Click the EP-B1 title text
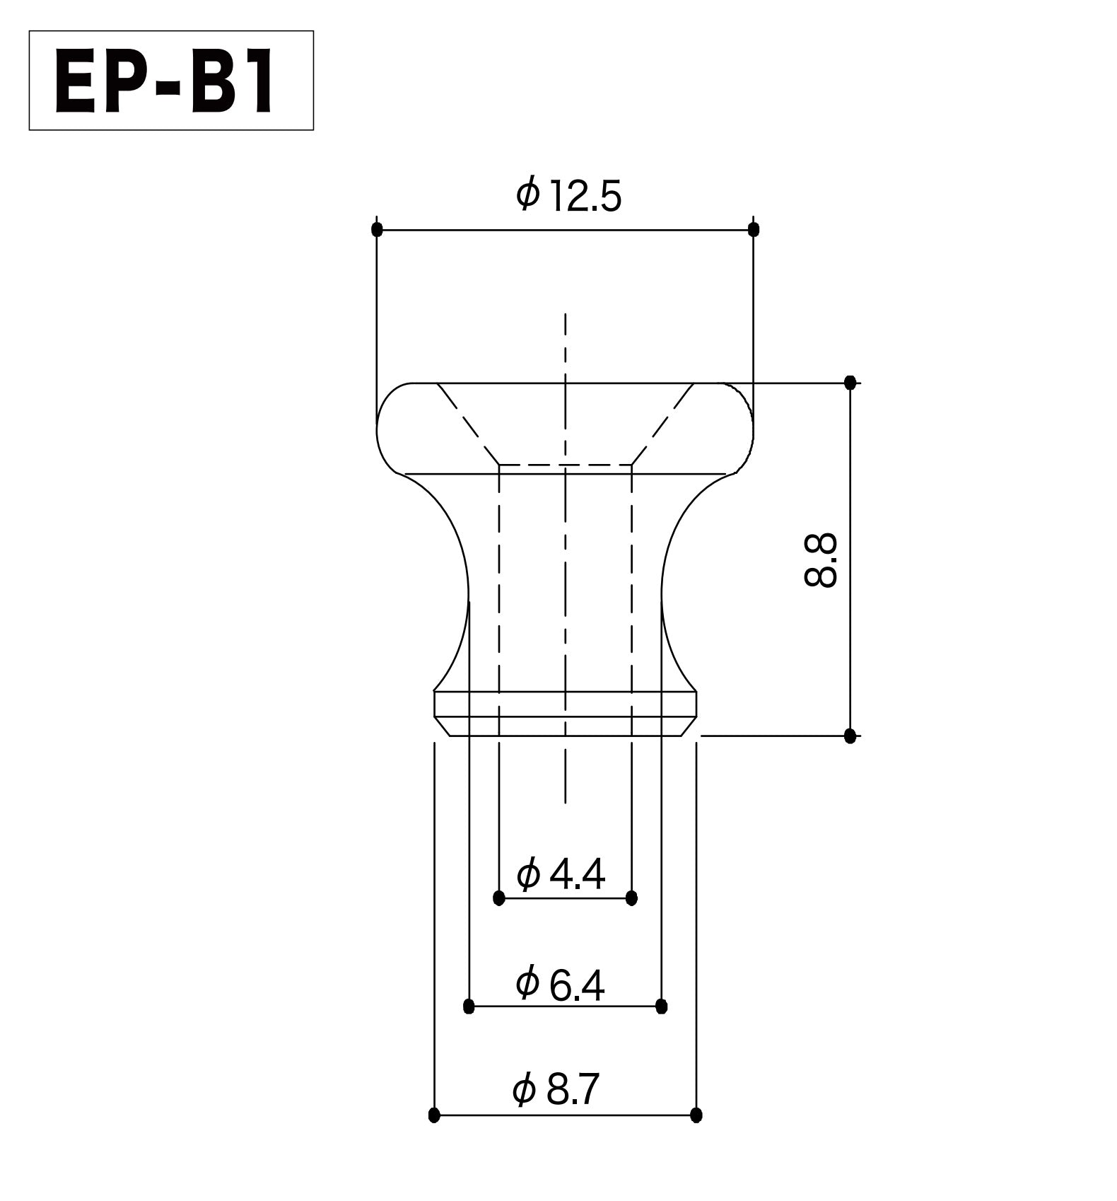pos(165,85)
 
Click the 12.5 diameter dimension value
pos(583,197)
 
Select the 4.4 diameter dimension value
pos(576,875)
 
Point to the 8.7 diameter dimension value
pos(573,1089)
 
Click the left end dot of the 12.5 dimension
pos(377,229)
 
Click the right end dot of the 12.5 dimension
pos(754,229)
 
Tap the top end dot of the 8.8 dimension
pos(850,383)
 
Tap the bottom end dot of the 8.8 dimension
pos(850,736)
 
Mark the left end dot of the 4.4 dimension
pos(499,898)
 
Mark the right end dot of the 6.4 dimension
pos(662,1006)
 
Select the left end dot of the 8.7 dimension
pos(434,1115)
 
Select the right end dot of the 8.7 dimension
pos(696,1115)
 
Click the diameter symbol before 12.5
pos(528,194)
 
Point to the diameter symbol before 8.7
pos(524,1090)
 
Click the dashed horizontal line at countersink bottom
pos(566,465)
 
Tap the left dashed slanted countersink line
pos(468,424)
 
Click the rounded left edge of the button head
pos(378,428)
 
